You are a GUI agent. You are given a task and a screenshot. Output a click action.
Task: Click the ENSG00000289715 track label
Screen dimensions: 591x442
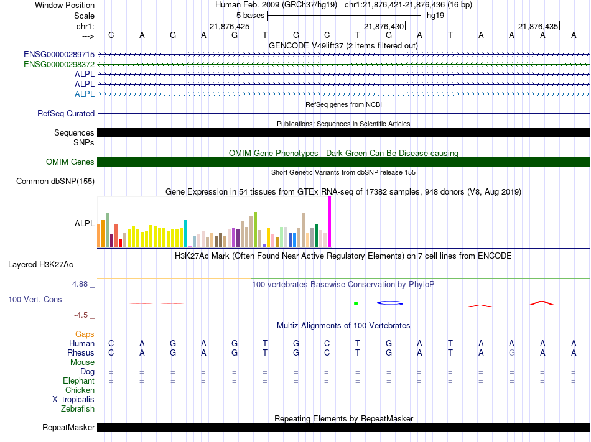[x=59, y=55]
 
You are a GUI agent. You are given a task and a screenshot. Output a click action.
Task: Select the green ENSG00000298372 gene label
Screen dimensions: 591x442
[x=59, y=65]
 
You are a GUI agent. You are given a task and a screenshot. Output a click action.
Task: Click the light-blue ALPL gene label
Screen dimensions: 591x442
[x=85, y=94]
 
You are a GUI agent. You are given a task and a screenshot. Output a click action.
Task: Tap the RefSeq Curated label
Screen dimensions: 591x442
[x=66, y=113]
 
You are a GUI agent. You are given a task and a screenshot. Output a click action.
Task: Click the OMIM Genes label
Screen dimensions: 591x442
[x=70, y=162]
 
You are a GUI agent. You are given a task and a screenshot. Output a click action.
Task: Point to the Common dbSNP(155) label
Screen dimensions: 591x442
[x=55, y=181]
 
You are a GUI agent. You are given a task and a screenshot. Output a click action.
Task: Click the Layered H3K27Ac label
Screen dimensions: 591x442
[x=40, y=265]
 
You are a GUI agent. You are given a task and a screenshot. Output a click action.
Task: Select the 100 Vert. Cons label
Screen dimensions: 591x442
[x=35, y=299]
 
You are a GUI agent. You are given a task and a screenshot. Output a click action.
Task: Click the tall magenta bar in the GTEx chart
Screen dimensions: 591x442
[x=330, y=222]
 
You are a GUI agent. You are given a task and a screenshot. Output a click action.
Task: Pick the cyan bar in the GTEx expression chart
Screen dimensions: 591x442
[x=185, y=234]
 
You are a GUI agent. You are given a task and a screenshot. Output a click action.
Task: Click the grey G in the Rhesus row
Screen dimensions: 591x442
[x=511, y=352]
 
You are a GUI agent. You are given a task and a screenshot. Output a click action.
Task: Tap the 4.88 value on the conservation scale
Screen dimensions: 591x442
[x=80, y=284]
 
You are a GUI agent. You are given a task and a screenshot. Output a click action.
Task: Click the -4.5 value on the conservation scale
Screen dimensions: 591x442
[x=81, y=315]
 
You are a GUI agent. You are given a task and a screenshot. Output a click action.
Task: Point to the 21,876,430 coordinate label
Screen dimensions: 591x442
[x=384, y=26]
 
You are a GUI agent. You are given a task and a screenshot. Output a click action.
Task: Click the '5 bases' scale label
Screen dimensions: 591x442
[x=251, y=16]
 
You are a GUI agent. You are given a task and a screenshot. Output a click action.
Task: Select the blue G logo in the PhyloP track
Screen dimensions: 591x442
[x=389, y=303]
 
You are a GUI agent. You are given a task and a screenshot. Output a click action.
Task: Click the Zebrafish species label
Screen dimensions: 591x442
[x=78, y=408]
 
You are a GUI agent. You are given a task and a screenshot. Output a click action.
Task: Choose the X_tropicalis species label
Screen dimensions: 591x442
[x=73, y=400]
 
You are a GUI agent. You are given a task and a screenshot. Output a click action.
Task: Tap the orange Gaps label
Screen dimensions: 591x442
[x=85, y=334]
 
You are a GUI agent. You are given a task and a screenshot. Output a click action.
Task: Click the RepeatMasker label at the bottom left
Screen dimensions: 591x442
[x=68, y=427]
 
